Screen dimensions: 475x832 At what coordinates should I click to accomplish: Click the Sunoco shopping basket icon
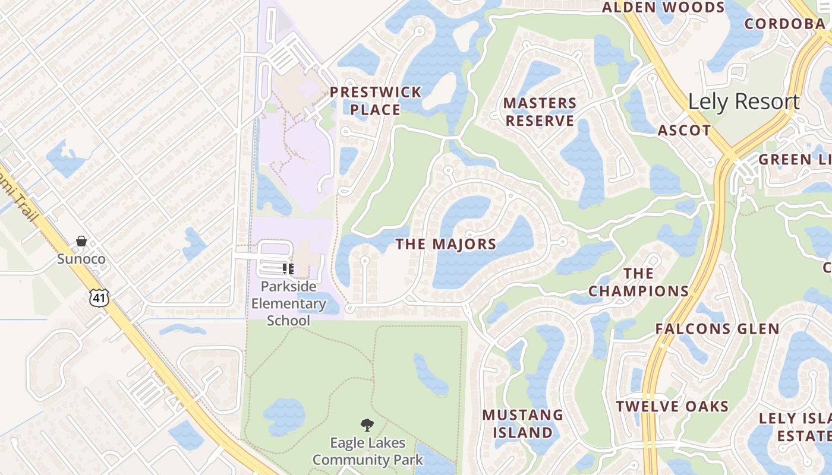point(81,241)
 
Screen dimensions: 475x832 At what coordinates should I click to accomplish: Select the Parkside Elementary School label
point(288,303)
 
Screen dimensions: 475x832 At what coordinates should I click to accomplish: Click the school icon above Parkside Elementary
point(288,269)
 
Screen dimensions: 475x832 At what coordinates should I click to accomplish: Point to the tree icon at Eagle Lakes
point(367,425)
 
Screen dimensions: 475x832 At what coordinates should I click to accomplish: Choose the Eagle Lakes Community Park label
point(367,451)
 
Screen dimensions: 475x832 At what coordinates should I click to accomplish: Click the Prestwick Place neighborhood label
point(375,101)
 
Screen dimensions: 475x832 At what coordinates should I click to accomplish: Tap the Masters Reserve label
point(540,112)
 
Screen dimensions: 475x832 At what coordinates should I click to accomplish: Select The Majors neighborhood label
point(446,244)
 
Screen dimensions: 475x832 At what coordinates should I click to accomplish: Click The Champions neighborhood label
point(638,283)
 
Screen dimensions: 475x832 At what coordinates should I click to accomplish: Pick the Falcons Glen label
point(717,329)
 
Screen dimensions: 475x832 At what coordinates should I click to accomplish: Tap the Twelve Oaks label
point(672,407)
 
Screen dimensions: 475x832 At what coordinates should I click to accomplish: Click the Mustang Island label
point(522,423)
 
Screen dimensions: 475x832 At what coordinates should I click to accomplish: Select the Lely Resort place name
point(743,102)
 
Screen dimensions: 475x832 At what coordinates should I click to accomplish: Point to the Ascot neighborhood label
point(684,131)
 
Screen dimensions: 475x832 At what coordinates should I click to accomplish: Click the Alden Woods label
point(663,8)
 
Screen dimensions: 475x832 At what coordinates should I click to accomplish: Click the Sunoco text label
point(81,259)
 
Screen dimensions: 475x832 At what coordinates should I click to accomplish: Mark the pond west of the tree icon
point(284,416)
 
